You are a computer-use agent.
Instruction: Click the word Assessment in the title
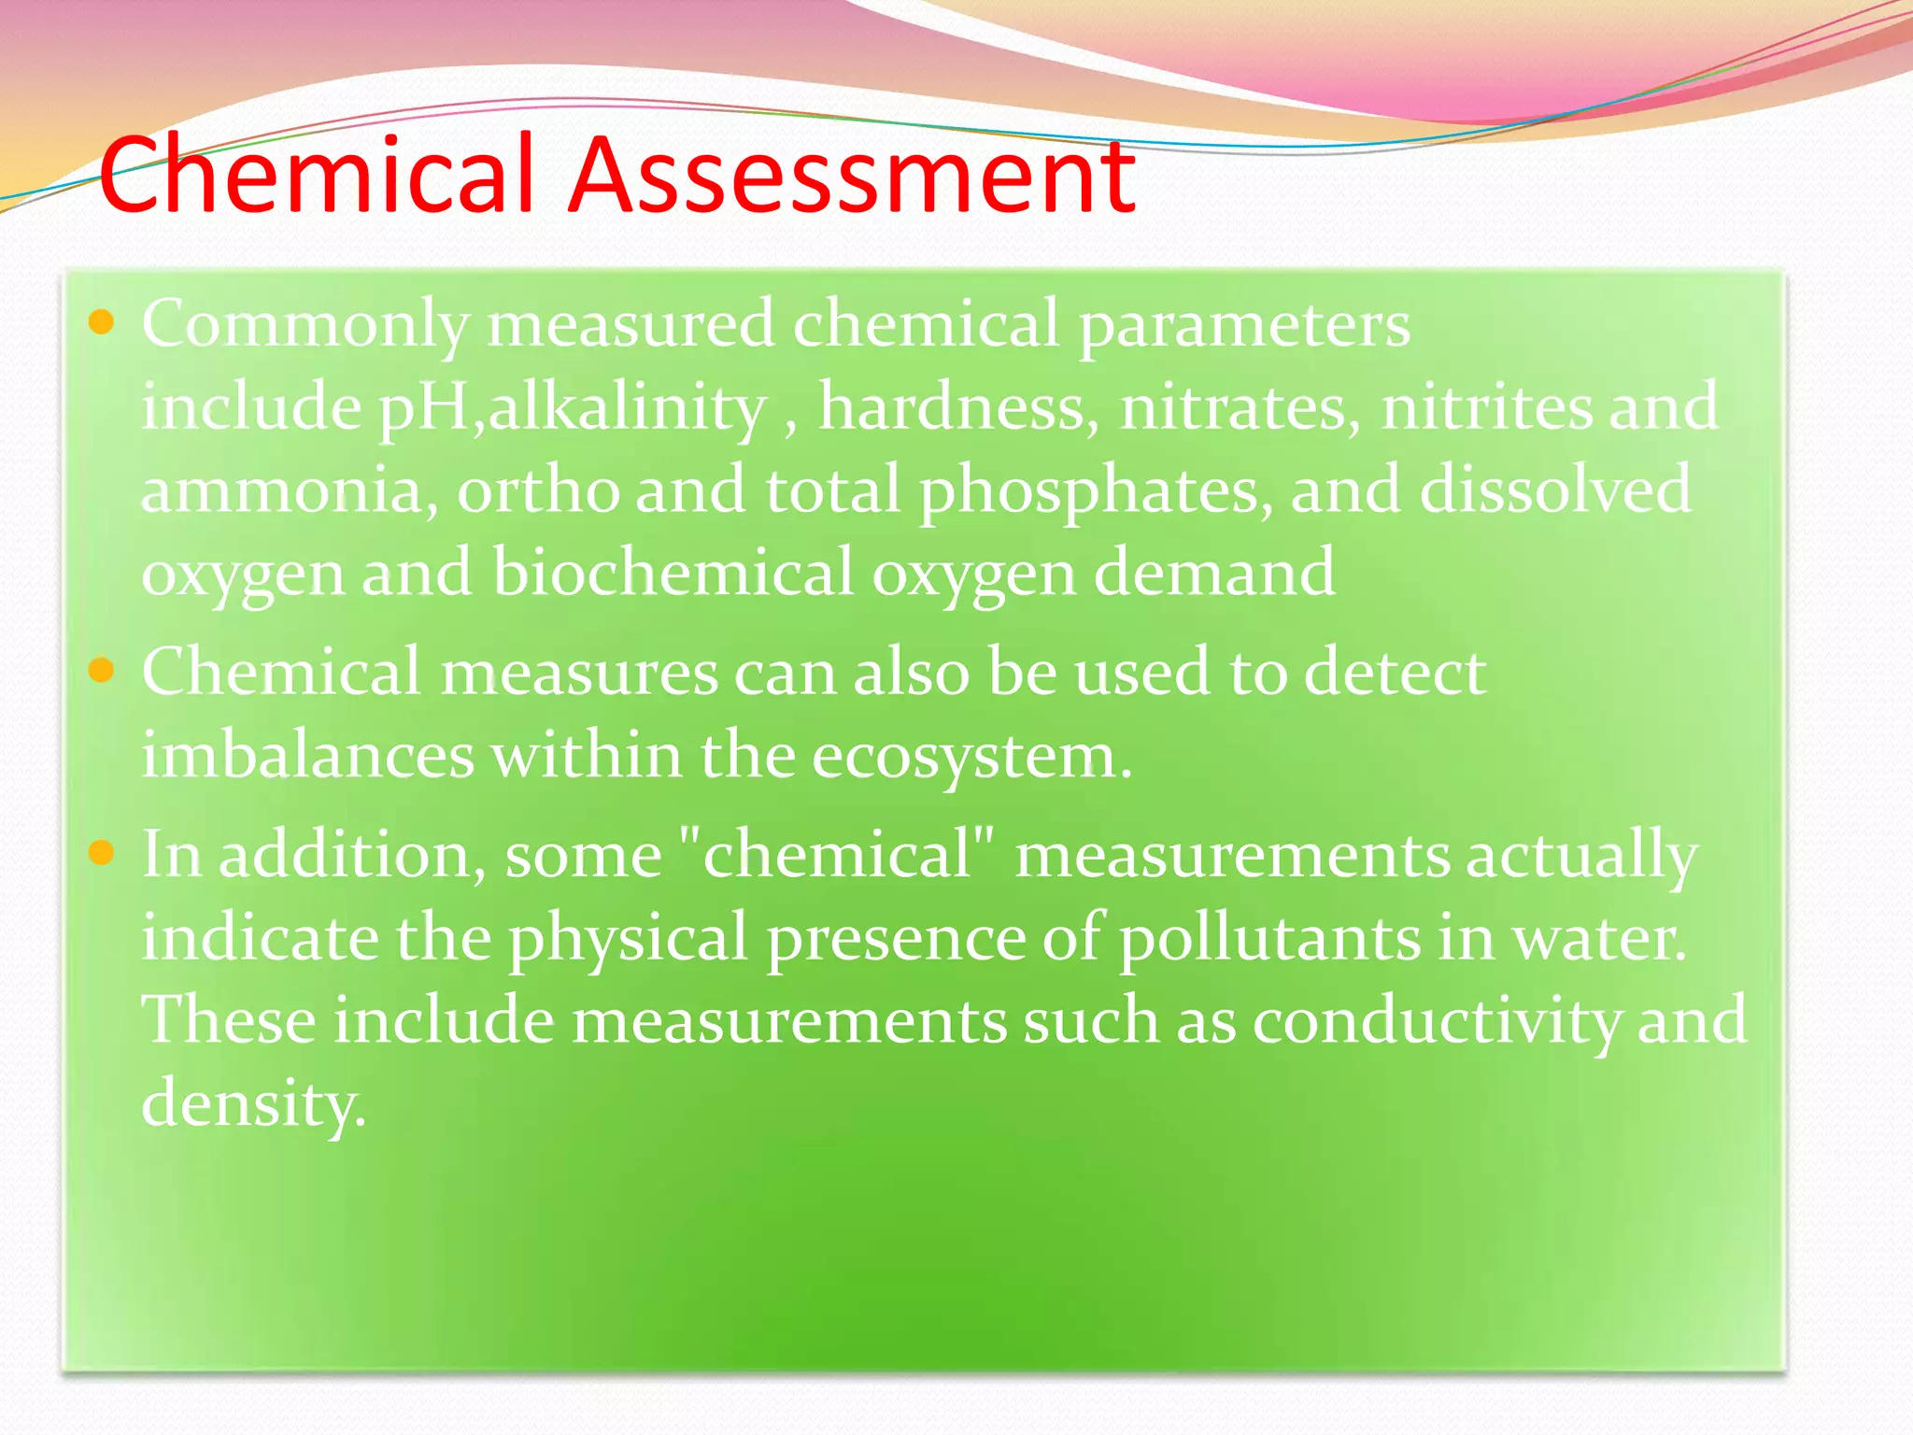[x=852, y=175]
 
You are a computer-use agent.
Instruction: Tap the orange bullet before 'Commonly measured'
[x=101, y=323]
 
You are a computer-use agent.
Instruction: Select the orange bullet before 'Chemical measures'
[x=101, y=670]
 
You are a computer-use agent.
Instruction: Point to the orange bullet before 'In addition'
[x=101, y=852]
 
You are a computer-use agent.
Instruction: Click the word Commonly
[x=305, y=325]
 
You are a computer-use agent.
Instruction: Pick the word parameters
[x=1244, y=325]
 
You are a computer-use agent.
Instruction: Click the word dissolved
[x=1554, y=490]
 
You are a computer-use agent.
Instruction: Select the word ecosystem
[x=971, y=757]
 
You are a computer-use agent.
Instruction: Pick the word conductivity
[x=1436, y=1020]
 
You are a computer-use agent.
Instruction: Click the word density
[x=252, y=1103]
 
